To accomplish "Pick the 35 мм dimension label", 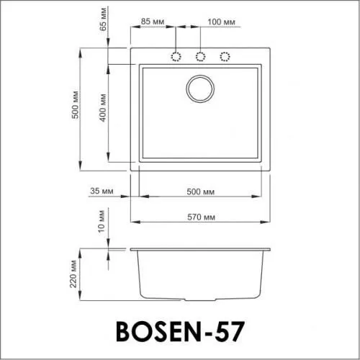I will pos(103,191).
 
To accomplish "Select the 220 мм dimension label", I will pos(74,274).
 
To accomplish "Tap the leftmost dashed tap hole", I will pos(176,56).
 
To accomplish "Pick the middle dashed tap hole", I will pos(200,56).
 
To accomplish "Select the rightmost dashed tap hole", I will pos(225,56).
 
